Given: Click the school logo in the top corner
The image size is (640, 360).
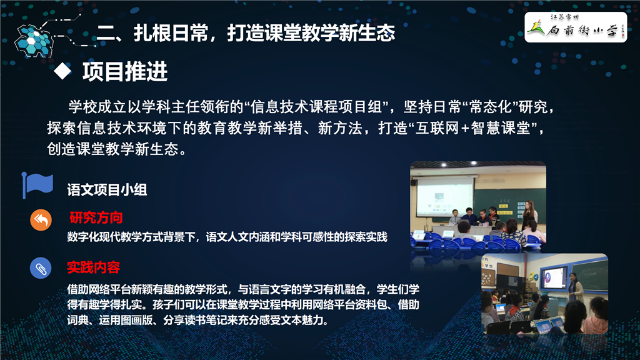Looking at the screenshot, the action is tap(576, 27).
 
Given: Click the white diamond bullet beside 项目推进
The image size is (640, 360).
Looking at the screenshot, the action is tap(62, 71).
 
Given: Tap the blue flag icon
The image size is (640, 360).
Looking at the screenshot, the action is tap(37, 185).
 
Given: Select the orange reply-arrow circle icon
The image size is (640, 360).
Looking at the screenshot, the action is tap(41, 220).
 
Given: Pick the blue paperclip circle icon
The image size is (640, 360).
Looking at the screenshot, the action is tap(41, 268).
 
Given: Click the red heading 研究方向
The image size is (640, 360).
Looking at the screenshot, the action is tap(96, 218).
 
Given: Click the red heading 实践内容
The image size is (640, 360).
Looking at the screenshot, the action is tap(94, 267).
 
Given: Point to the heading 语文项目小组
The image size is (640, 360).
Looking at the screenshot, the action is tap(107, 190).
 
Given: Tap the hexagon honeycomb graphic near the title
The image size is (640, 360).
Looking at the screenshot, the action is tap(34, 41).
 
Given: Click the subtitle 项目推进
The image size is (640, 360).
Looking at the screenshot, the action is tap(125, 71).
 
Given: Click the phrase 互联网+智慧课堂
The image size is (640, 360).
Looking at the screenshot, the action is tap(472, 128).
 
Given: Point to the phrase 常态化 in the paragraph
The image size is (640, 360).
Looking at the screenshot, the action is tap(490, 107).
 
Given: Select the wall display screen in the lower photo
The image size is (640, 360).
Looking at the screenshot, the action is tap(554, 278).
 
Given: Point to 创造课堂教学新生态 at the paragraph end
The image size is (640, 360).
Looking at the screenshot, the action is tap(112, 149).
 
